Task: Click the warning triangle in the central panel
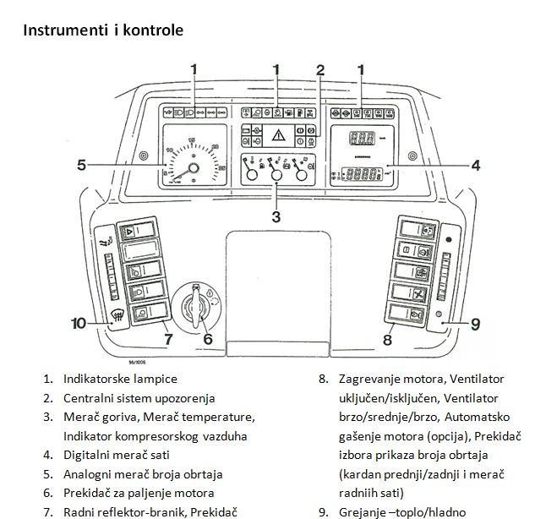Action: [277, 132]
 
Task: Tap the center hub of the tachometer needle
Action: [194, 168]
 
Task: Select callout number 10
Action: [78, 322]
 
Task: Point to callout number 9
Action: [475, 322]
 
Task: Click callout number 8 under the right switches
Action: [388, 340]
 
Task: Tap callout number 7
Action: [168, 340]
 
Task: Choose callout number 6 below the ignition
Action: [209, 340]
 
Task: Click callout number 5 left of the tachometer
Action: [81, 165]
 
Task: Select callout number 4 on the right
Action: [475, 166]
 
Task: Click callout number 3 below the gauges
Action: [276, 216]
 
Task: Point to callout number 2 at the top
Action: [320, 69]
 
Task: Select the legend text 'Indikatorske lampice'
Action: [120, 378]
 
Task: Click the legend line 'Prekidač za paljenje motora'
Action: [139, 493]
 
